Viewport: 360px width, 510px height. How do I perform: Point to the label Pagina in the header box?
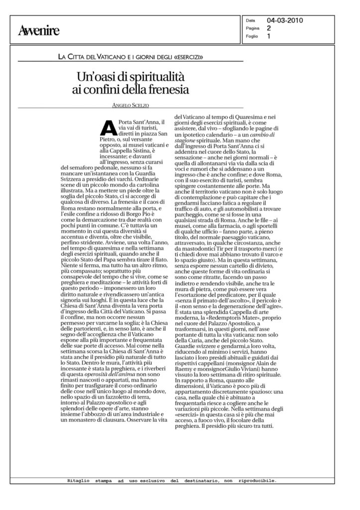coord(251,28)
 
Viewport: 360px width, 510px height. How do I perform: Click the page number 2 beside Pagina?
coord(268,28)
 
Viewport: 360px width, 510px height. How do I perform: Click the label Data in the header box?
coord(251,21)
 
